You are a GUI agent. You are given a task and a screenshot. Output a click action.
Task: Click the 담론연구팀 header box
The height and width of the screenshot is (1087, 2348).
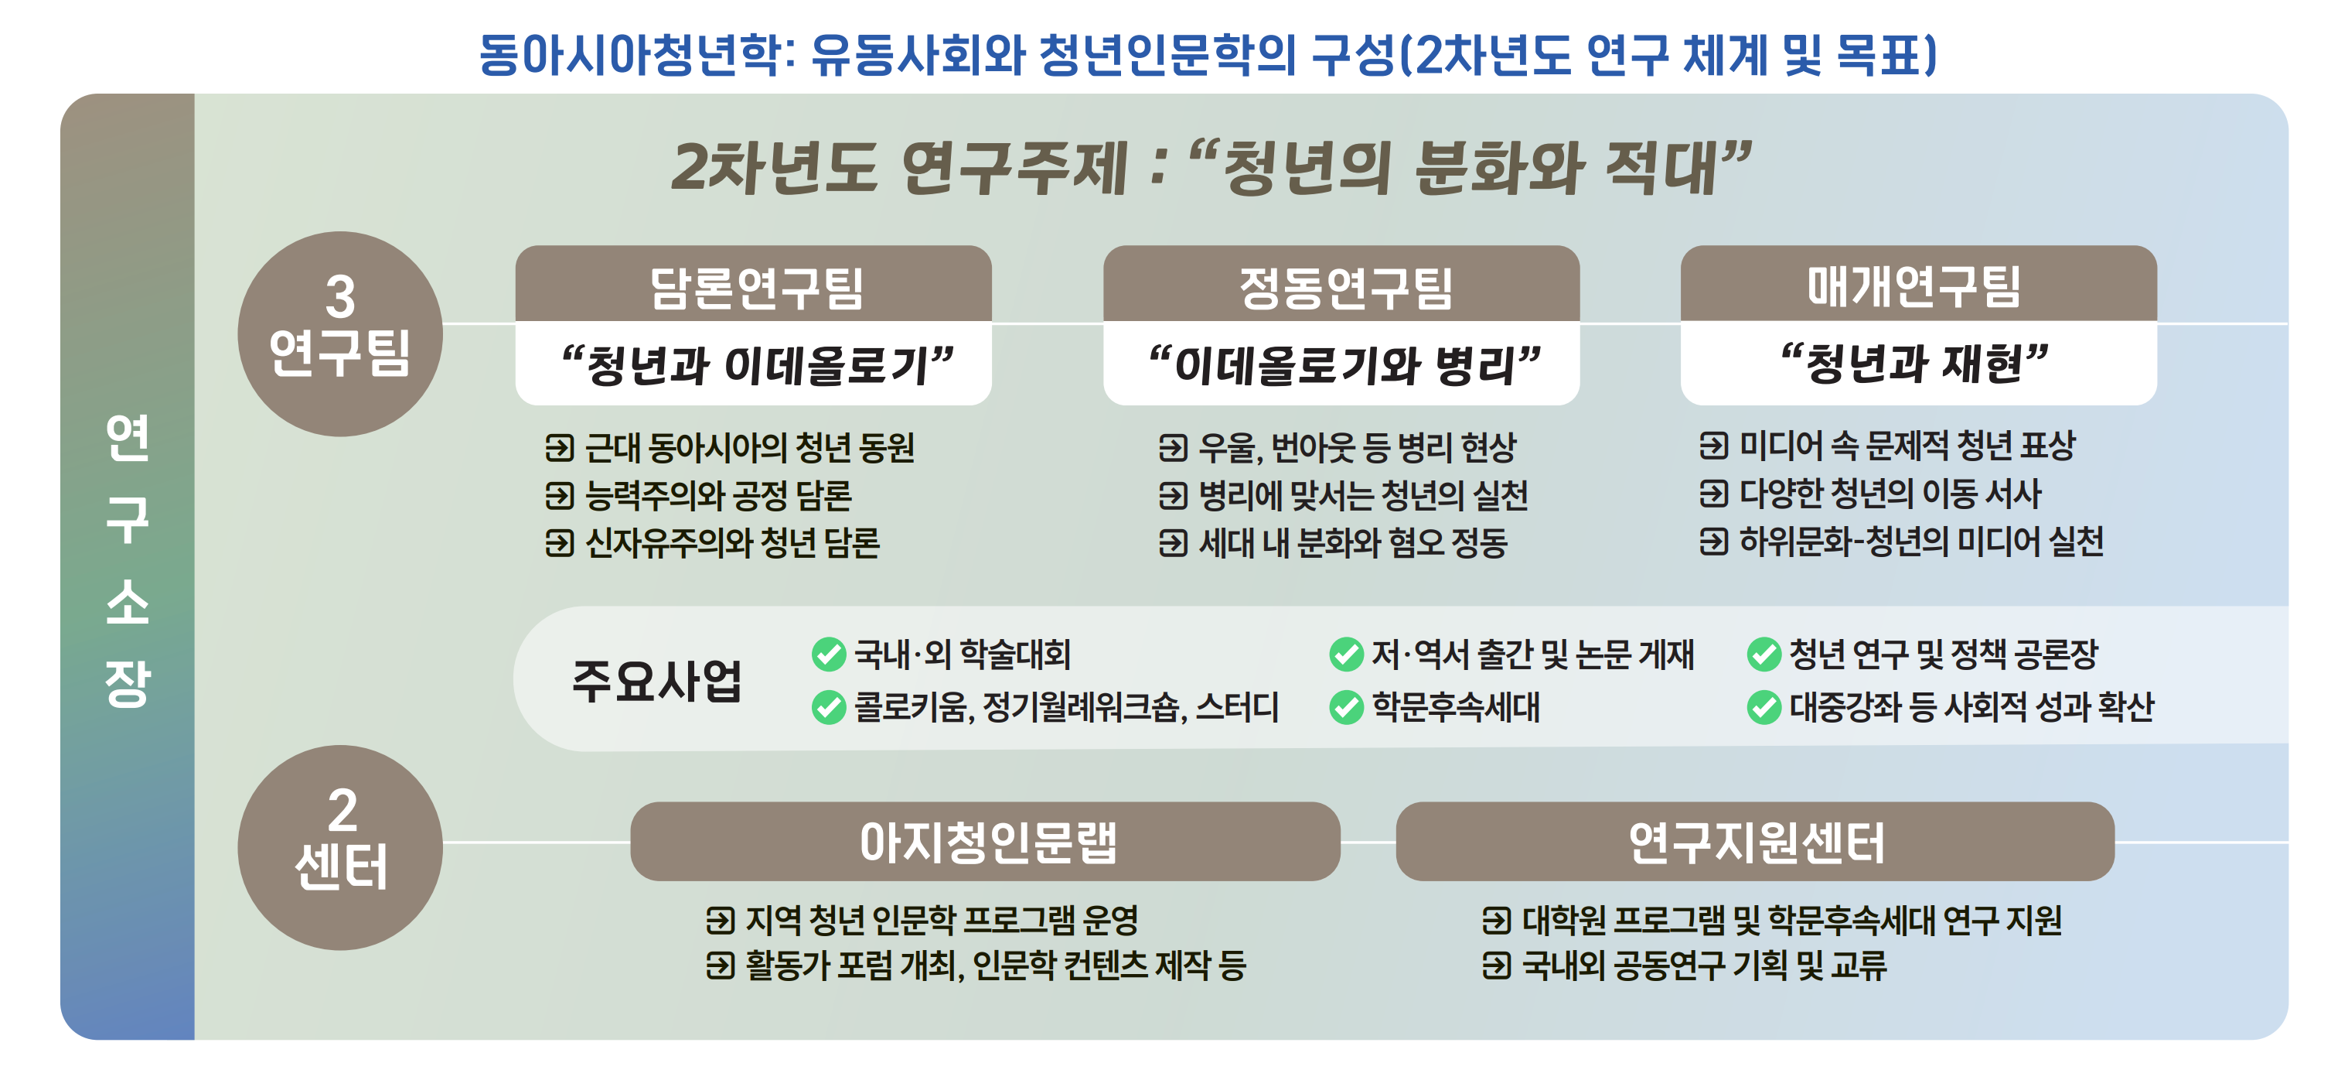[x=753, y=284]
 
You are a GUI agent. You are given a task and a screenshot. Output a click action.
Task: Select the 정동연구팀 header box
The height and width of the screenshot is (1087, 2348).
[x=1341, y=284]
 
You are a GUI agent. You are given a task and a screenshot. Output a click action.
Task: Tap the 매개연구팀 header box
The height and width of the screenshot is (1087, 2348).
[x=1919, y=284]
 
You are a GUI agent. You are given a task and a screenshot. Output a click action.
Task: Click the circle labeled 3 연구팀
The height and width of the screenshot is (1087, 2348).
[x=340, y=333]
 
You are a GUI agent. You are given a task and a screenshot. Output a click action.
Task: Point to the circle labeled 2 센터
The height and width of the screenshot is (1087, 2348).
[x=340, y=847]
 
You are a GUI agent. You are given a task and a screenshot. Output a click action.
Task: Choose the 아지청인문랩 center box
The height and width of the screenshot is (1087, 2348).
[x=985, y=842]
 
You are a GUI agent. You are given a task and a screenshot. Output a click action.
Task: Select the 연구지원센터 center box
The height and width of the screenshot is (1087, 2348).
[x=1754, y=842]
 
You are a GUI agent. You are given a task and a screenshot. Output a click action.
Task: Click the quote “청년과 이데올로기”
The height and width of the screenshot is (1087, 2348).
[x=757, y=364]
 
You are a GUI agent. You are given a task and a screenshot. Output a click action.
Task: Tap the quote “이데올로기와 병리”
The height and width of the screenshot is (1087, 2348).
[x=1344, y=364]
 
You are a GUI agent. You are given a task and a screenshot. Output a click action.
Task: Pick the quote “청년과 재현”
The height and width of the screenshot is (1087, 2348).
[x=1915, y=363]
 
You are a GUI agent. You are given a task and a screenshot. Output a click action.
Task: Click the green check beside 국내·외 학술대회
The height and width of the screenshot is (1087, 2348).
[x=829, y=654]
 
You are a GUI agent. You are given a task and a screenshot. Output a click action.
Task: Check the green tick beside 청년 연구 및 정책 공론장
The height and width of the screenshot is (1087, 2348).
[x=1764, y=654]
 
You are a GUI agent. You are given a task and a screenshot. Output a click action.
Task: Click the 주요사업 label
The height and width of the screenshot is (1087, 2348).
[x=657, y=680]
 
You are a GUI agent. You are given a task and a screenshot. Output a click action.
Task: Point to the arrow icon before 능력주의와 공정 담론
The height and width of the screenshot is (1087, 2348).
[x=560, y=496]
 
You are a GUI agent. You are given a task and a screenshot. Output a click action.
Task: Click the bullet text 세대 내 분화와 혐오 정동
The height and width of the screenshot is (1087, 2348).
[x=1353, y=543]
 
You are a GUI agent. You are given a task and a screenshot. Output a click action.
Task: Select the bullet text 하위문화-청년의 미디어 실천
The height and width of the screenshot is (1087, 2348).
[x=1921, y=542]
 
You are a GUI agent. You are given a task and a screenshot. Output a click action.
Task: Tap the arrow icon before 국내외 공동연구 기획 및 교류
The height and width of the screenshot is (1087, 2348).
[x=1497, y=965]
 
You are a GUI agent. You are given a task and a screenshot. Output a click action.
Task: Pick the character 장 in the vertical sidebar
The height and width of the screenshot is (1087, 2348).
[x=128, y=683]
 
